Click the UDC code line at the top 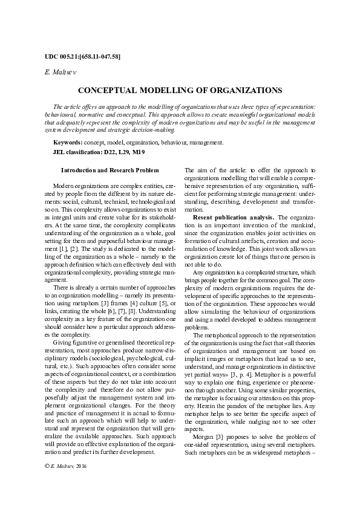82,57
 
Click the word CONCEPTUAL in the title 109,90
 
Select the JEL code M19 138,152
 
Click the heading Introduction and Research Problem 110,171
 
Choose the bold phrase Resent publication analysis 233,217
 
